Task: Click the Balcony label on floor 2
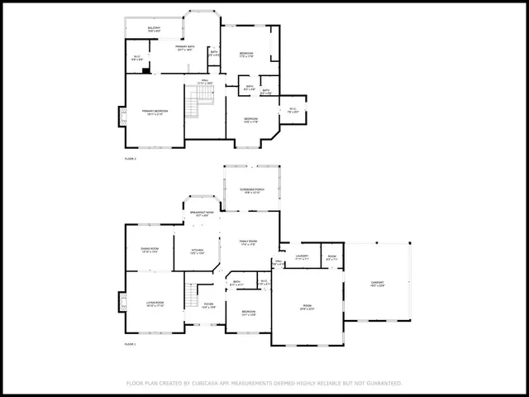pos(154,29)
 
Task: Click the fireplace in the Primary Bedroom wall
pos(122,117)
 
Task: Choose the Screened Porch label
pos(252,190)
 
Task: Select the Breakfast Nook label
pos(201,213)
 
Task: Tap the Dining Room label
pos(150,250)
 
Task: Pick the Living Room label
pos(155,304)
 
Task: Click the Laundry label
pos(301,257)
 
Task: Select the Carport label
pos(376,284)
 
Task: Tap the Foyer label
pos(207,305)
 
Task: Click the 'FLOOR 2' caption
pos(130,158)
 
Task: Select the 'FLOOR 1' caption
pos(130,343)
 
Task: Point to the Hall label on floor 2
pos(204,82)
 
